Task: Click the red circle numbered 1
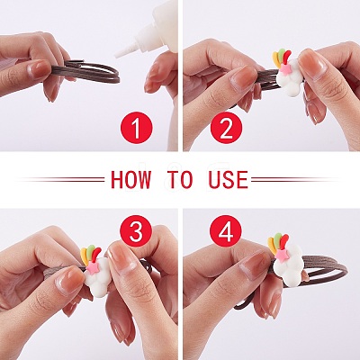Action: [x=137, y=128]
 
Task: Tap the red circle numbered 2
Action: [x=226, y=128]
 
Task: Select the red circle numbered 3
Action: [x=136, y=231]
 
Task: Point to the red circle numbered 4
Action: [x=226, y=231]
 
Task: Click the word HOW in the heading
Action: [x=130, y=180]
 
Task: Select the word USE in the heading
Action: [x=229, y=180]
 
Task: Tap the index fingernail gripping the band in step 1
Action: [x=40, y=68]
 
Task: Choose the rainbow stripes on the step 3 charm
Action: [x=91, y=255]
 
